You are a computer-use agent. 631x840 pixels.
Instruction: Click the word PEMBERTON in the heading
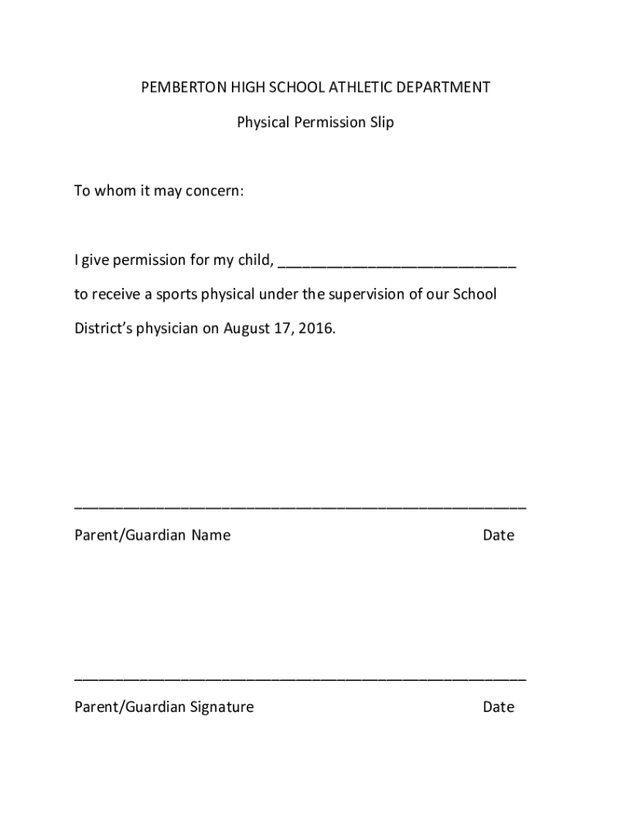[x=179, y=87]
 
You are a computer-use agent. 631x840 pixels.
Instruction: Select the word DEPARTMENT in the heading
[x=443, y=87]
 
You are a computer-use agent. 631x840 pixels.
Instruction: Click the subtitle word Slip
[x=381, y=122]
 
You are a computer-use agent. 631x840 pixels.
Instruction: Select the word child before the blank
[x=253, y=260]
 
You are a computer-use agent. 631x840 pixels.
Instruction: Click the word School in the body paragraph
[x=474, y=294]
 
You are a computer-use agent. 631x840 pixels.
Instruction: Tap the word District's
[x=103, y=329]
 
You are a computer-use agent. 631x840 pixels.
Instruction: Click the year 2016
[x=317, y=329]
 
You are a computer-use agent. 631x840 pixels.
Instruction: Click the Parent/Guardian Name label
[x=152, y=536]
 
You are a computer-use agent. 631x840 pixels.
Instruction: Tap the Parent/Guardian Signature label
[x=164, y=707]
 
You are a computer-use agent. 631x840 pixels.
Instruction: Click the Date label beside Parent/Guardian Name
[x=498, y=536]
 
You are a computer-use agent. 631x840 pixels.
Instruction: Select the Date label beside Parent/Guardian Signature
[x=498, y=707]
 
